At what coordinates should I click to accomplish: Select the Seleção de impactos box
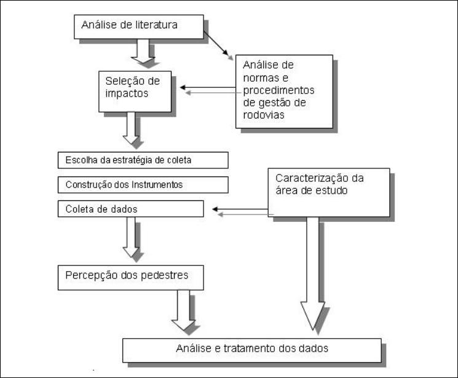click(135, 92)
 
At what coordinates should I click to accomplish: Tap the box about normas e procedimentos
click(283, 91)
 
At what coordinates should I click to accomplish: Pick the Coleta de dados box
click(131, 209)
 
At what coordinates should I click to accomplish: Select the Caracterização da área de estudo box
click(329, 192)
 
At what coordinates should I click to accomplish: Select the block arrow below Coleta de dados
click(130, 237)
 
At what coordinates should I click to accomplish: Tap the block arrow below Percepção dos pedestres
click(183, 309)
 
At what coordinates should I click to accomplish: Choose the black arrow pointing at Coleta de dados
click(240, 210)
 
